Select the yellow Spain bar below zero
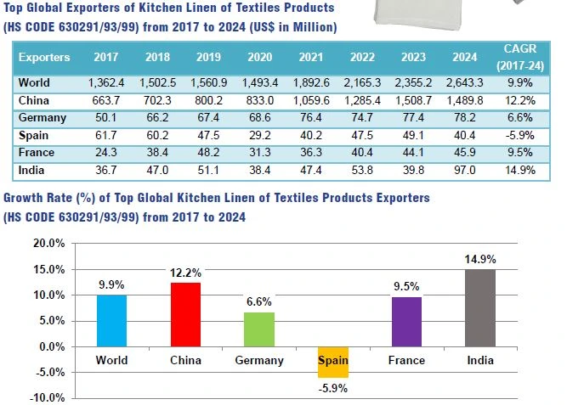333,362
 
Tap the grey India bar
479,307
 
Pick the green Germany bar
259,329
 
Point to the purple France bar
406,322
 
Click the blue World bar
111,320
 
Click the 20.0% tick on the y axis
48,243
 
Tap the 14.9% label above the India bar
480,259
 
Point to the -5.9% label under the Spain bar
333,389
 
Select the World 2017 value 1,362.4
106,83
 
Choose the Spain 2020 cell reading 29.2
258,135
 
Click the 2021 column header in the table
311,57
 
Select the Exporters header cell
44,57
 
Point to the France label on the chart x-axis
406,360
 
